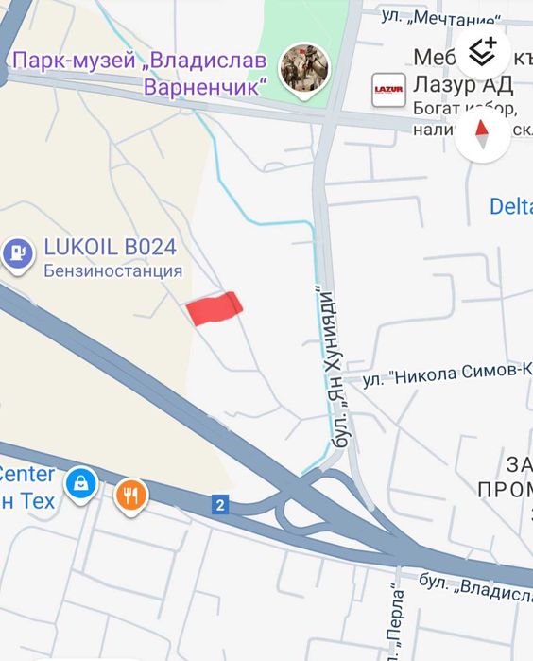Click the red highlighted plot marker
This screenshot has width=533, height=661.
(x=215, y=308)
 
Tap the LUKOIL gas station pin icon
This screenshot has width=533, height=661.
(x=16, y=252)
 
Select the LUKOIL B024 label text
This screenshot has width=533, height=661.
(x=110, y=248)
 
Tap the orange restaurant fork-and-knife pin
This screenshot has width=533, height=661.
(x=131, y=495)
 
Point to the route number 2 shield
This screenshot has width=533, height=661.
(x=220, y=506)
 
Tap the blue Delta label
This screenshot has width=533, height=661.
(x=510, y=205)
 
